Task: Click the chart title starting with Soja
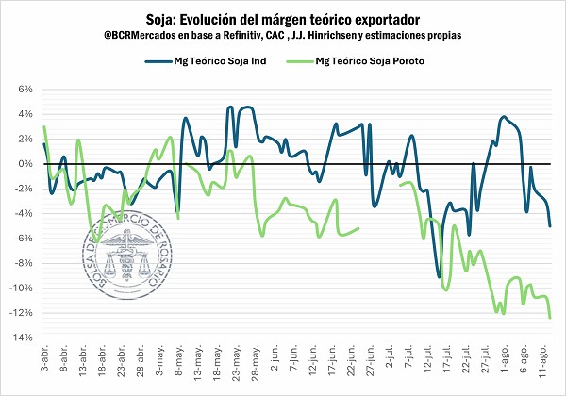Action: pyautogui.click(x=283, y=18)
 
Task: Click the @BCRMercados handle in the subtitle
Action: pyautogui.click(x=142, y=35)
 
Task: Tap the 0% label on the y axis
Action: pyautogui.click(x=26, y=164)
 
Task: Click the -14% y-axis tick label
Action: pyautogui.click(x=23, y=338)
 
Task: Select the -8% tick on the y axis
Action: pyautogui.click(x=25, y=263)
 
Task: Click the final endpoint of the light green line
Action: pyautogui.click(x=551, y=318)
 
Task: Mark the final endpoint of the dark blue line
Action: pyautogui.click(x=551, y=226)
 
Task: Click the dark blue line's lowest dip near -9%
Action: pyautogui.click(x=439, y=276)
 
